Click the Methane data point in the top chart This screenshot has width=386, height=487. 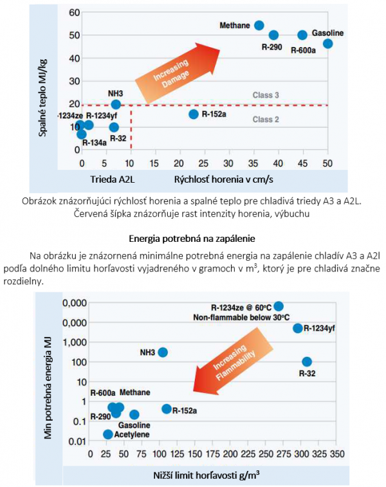pos(259,26)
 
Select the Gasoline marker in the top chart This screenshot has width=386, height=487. pos(328,44)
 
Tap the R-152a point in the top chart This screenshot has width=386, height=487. pos(194,114)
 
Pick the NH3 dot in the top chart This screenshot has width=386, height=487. pos(116,104)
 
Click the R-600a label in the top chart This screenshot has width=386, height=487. pos(304,48)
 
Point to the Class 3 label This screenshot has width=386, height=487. pos(265,95)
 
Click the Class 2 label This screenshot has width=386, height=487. pos(265,119)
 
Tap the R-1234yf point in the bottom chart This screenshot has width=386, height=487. pos(297,328)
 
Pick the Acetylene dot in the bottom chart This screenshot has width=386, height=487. pos(108,434)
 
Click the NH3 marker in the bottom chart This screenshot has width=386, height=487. pos(163,352)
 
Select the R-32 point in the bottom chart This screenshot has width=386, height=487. pos(307,362)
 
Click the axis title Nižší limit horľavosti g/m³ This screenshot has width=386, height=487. pos(210,474)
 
